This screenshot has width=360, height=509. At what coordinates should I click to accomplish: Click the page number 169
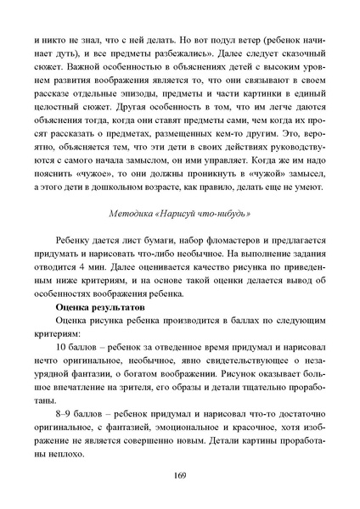tap(180, 473)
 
